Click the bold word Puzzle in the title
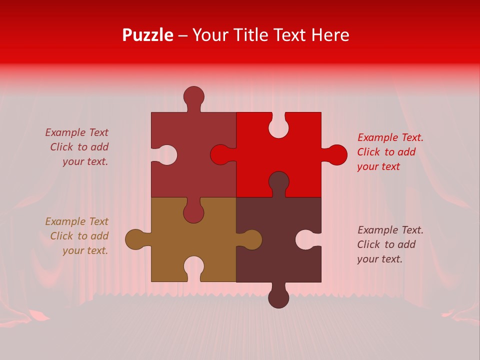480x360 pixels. tap(148, 35)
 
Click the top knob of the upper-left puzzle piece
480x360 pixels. tap(193, 96)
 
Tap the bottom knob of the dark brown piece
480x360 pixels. tap(278, 297)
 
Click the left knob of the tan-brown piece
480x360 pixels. tap(135, 239)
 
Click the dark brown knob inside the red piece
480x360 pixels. tap(278, 182)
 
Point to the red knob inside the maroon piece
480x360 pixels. tap(221, 155)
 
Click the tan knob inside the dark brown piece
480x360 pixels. tap(251, 239)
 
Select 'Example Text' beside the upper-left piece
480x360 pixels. tap(76, 132)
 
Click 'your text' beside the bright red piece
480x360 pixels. tap(378, 167)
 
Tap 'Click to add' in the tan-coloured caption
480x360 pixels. tap(79, 236)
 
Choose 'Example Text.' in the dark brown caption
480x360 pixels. tap(390, 230)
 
